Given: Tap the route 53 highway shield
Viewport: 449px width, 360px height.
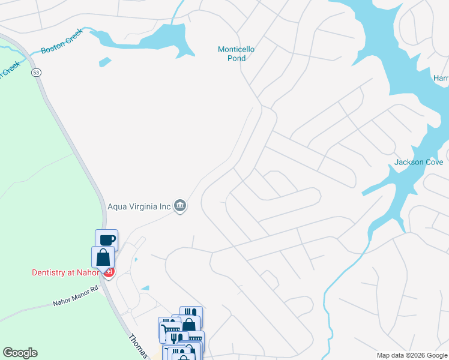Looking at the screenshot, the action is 37,73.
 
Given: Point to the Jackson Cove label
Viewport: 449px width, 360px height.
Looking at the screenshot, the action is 418,162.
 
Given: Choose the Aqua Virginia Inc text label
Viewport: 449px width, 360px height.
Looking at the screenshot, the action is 139,206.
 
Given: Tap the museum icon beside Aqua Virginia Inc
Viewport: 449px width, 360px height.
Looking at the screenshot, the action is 180,206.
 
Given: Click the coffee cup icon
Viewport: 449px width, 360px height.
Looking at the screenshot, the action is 106,240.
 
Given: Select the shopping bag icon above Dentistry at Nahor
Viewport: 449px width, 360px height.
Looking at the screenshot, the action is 103,257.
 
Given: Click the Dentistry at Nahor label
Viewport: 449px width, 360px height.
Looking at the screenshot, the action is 67,272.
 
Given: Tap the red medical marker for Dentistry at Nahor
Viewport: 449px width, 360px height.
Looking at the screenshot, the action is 109,273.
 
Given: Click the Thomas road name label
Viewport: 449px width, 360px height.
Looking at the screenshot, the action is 138,346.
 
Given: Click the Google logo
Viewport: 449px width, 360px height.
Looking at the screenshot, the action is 20,353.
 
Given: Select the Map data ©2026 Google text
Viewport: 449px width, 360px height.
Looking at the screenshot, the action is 411,355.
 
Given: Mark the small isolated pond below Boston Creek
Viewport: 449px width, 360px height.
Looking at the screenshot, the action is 104,61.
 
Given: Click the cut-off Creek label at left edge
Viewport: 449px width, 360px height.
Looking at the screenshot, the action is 8,70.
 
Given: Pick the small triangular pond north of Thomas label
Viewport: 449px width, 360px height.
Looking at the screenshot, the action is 145,288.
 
